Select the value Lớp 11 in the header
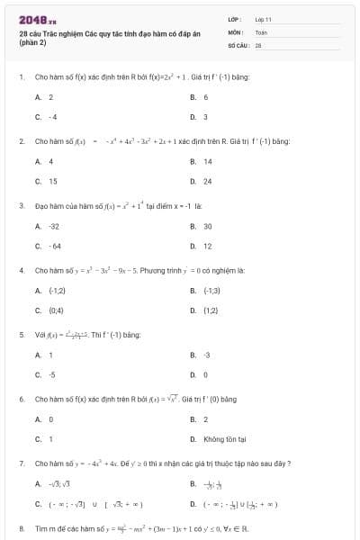263,19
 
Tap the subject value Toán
261,31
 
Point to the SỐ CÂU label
238,42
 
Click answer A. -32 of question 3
48,226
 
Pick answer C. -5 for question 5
46,373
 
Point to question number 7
22,463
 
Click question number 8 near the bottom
22,528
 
